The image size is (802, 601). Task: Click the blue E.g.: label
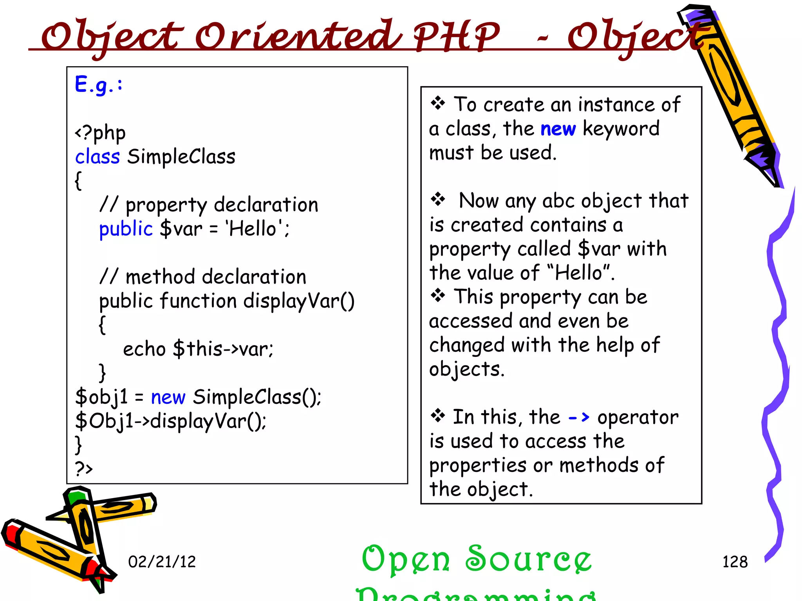(x=99, y=84)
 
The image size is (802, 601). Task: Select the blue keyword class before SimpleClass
(x=97, y=157)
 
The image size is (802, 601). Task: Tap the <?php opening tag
(x=100, y=133)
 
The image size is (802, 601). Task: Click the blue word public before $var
(x=125, y=229)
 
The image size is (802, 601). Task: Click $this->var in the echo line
(x=223, y=349)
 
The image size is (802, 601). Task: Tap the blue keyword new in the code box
(x=168, y=398)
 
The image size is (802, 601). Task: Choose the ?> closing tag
(x=84, y=468)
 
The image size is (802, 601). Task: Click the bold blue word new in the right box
(x=558, y=129)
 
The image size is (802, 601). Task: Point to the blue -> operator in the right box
(x=579, y=417)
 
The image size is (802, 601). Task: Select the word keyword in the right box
(x=621, y=129)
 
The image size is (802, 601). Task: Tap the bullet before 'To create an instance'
(x=438, y=104)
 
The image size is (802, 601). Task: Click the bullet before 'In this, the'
(x=438, y=416)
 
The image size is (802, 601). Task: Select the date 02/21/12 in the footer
(x=162, y=562)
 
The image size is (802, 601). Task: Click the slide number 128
(x=735, y=562)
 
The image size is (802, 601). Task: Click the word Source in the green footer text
(x=528, y=559)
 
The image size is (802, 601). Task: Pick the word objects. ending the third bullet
(x=467, y=369)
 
